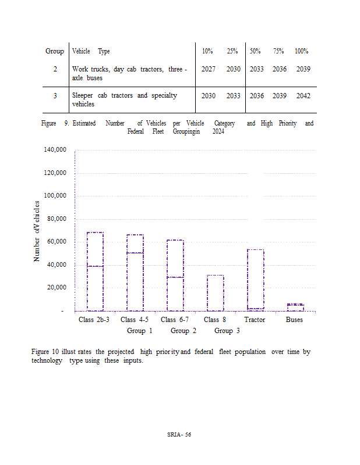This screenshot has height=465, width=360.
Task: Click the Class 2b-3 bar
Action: (95, 271)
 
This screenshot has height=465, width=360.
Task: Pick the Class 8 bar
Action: (215, 293)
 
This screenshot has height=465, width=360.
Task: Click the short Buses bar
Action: (295, 307)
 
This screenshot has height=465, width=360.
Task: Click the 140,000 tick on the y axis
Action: (55, 150)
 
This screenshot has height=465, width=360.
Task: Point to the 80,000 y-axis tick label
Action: (57, 219)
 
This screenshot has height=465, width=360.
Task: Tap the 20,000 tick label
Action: (57, 288)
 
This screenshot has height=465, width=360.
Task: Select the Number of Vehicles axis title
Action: (36, 231)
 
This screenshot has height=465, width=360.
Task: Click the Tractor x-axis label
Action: (255, 320)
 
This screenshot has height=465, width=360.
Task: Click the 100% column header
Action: (301, 51)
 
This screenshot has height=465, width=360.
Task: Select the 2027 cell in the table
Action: (208, 69)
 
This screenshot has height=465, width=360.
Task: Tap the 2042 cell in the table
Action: (303, 95)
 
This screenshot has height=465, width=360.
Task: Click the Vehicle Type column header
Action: (90, 51)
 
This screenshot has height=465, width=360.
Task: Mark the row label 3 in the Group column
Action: (55, 95)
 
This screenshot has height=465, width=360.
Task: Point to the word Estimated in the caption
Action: (86, 123)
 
